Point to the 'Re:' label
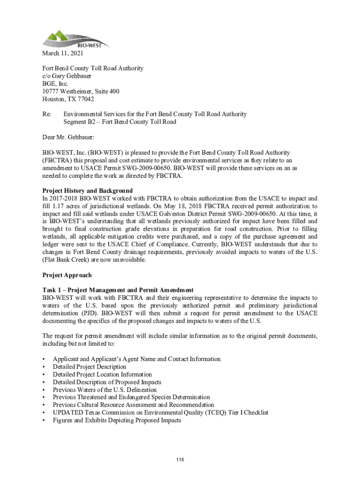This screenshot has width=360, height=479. [47, 114]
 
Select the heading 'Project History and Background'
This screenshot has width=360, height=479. [87, 191]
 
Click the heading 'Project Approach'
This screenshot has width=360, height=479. [67, 275]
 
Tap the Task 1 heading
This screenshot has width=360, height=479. [118, 290]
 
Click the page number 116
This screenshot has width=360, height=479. [180, 460]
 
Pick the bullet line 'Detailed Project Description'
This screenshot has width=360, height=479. [89, 367]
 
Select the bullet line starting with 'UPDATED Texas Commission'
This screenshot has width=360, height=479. [160, 413]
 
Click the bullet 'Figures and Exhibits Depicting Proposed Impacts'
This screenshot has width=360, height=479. [117, 420]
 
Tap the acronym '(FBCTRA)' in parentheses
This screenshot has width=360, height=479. [57, 160]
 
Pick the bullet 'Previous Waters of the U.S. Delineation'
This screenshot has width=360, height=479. [105, 390]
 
